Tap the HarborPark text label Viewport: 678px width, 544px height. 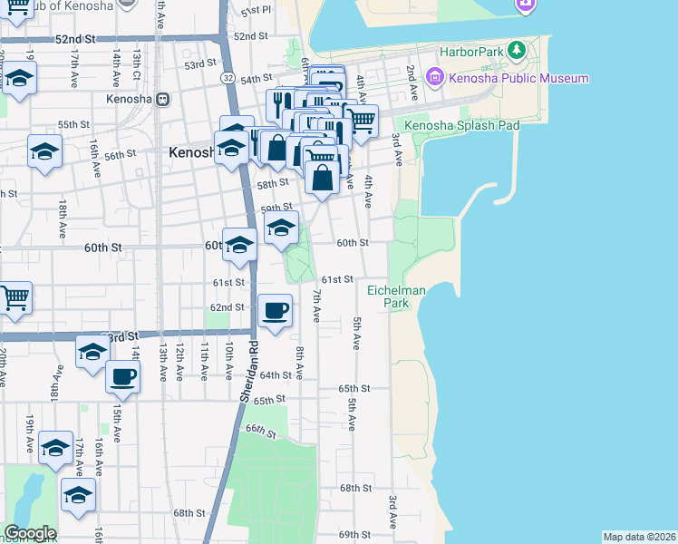(470, 53)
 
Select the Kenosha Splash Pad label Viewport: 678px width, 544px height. (462, 125)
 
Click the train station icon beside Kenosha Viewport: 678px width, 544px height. (163, 100)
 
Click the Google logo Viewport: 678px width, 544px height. (29, 533)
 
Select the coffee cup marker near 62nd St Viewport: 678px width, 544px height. (276, 312)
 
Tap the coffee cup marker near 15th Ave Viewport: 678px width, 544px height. (122, 375)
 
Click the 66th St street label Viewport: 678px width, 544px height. (258, 429)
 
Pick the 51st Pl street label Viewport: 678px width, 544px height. (257, 10)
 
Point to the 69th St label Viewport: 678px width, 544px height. (354, 535)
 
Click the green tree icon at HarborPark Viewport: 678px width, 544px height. (517, 48)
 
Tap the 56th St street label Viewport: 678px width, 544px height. (120, 156)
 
